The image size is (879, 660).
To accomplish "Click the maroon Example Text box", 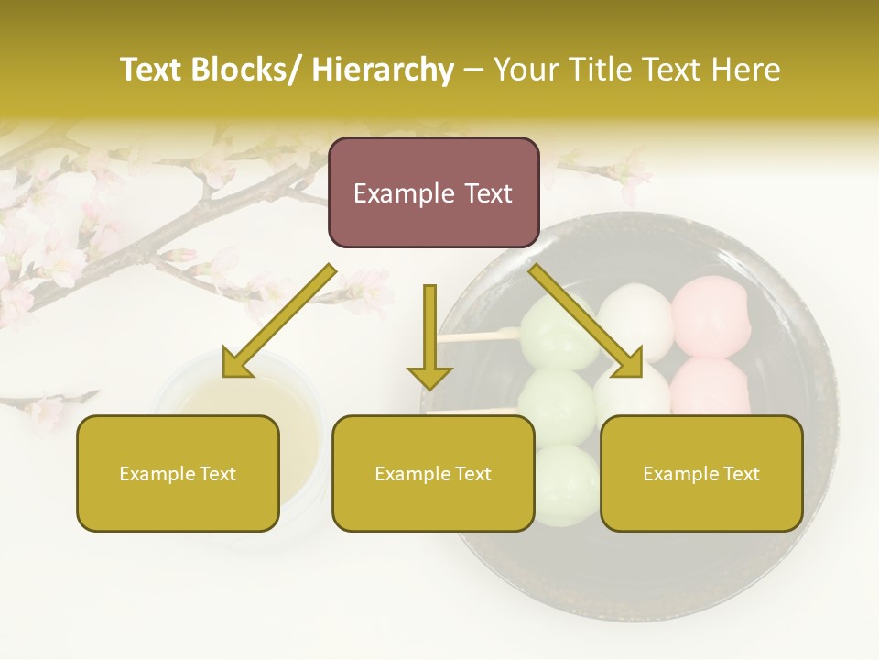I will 433,192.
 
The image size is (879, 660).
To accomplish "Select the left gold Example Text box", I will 178,473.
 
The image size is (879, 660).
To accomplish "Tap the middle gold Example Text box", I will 433,473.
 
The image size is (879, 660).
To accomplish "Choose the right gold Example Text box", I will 701,473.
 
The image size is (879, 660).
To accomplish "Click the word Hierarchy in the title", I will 383,70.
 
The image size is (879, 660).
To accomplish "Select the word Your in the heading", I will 526,70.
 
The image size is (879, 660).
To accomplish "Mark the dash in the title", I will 474,70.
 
